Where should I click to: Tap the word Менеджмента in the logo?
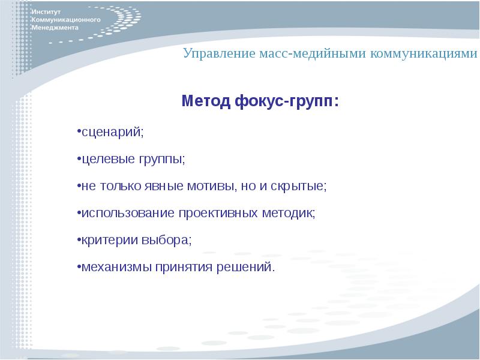tap(55, 28)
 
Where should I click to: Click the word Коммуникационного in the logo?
tap(65, 20)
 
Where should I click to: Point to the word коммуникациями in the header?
tap(424, 54)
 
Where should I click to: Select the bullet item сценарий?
tap(112, 133)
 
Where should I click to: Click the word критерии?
tap(103, 239)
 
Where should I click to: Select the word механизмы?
tap(111, 266)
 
